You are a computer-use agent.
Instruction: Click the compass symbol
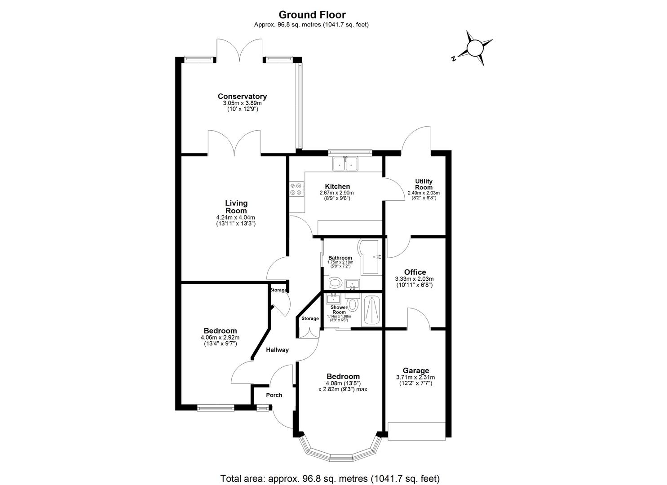pos(475,48)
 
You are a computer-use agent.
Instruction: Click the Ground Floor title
pos(312,15)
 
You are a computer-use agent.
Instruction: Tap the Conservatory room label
pos(242,97)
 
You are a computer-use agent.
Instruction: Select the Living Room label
pos(236,207)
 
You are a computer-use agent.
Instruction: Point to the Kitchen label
pos(337,186)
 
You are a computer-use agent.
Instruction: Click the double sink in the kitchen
pos(345,164)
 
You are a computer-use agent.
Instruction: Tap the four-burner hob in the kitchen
pos(296,189)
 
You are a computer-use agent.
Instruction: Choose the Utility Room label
pos(424,184)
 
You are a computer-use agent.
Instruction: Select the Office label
pos(415,272)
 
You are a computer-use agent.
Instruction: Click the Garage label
pos(415,371)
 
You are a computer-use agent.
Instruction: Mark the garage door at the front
pos(416,431)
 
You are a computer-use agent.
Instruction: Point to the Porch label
pos(274,395)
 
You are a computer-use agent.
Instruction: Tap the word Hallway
pos(277,350)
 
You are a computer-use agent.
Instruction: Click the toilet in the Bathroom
pos(335,283)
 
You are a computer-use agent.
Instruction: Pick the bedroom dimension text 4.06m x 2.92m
pos(220,338)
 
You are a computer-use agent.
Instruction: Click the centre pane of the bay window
pos(342,458)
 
